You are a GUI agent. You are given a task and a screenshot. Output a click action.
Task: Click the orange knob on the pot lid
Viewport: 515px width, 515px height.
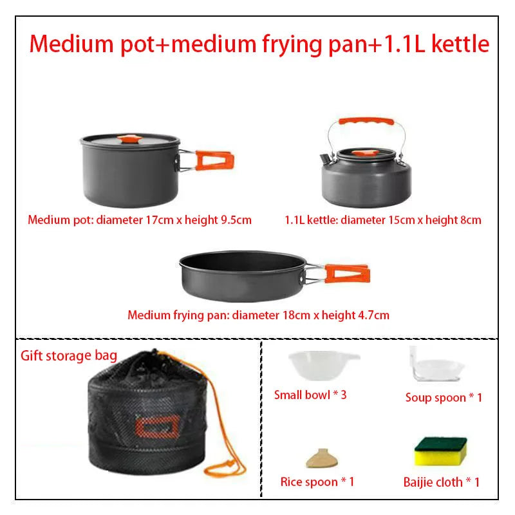[130, 139]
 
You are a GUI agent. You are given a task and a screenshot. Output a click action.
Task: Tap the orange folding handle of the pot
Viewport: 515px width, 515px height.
[214, 160]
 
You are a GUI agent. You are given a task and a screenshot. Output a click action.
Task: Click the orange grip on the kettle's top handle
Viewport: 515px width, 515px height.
[366, 121]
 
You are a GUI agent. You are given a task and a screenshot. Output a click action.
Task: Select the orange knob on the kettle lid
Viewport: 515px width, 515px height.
[364, 153]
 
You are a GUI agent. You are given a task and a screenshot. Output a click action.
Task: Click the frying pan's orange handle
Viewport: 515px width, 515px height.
[347, 274]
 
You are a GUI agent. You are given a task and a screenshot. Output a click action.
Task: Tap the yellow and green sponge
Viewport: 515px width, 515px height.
[440, 451]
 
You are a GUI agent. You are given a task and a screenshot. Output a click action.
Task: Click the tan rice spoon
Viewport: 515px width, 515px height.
[321, 458]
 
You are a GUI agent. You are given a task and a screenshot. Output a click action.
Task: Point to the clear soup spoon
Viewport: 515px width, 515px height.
[435, 366]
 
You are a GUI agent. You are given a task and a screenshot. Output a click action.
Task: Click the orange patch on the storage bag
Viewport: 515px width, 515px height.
[157, 426]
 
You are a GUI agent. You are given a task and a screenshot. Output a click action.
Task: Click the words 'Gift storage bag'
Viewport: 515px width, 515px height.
[69, 356]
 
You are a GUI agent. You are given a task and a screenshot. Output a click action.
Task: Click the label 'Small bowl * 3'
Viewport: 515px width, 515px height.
[310, 395]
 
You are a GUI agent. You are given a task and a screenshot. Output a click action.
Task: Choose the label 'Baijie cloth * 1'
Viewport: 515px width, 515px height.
[441, 482]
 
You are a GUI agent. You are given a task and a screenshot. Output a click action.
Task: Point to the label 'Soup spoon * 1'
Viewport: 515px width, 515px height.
[444, 398]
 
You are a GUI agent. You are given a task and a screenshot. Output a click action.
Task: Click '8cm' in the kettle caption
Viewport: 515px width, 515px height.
[471, 220]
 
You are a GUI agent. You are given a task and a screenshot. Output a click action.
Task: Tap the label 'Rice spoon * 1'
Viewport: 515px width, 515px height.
[317, 482]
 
